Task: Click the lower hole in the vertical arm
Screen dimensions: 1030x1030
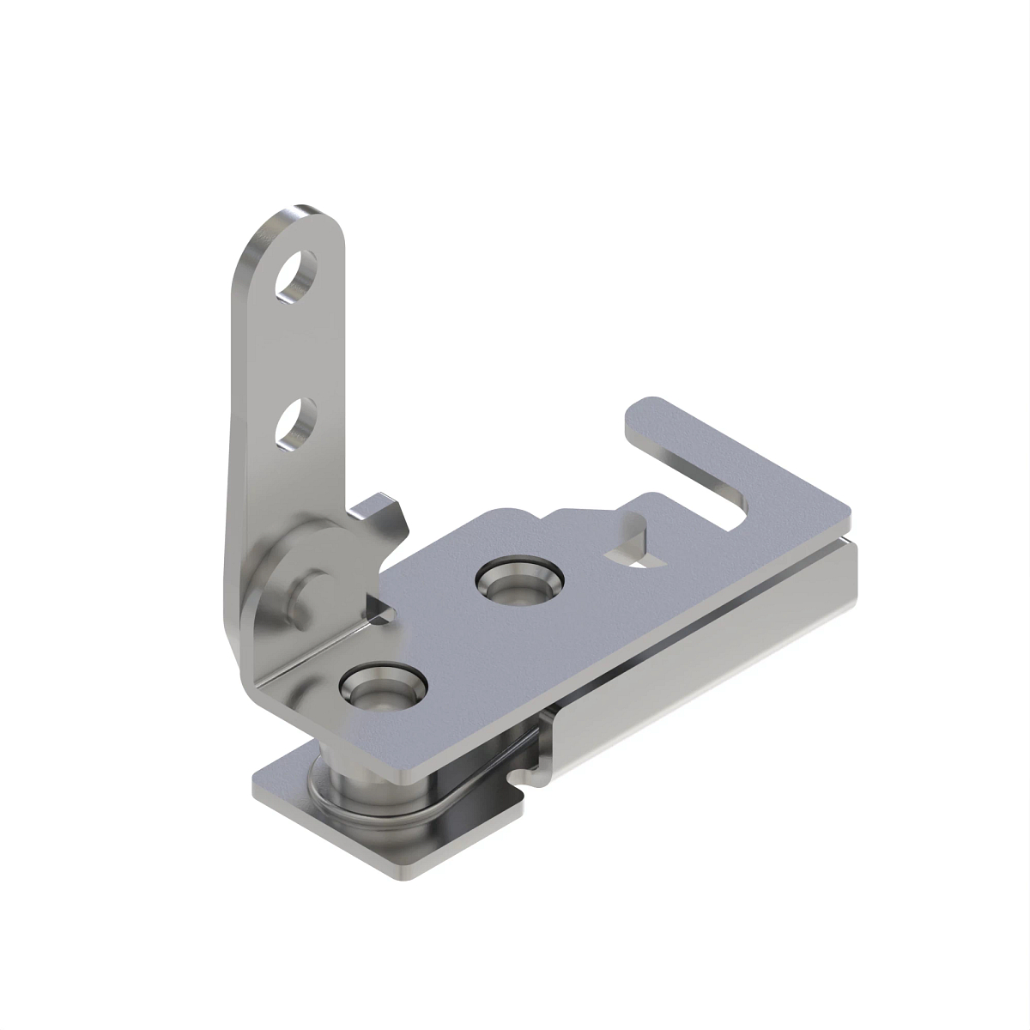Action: click(294, 423)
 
